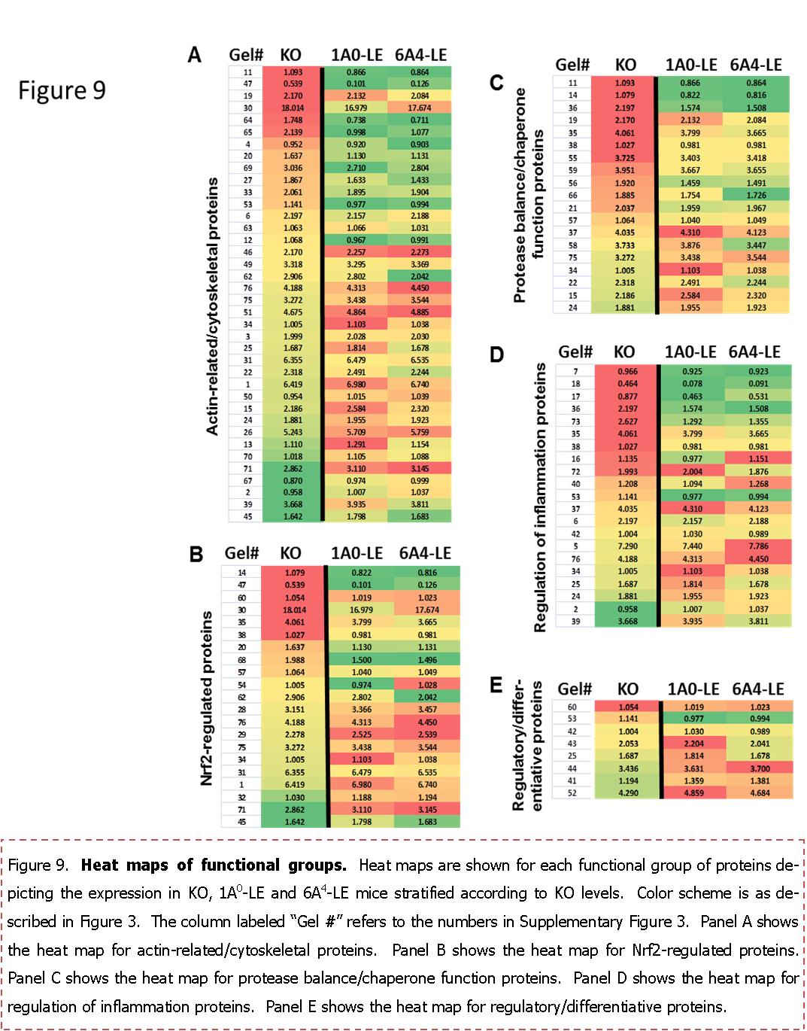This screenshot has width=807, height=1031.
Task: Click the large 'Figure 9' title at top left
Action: [62, 90]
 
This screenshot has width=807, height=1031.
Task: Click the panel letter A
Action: [195, 56]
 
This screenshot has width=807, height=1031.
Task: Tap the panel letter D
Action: [496, 354]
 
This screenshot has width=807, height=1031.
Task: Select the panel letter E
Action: [496, 685]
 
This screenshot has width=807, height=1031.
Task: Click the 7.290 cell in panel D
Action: [627, 546]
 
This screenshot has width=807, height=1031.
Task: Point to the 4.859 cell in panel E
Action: [693, 793]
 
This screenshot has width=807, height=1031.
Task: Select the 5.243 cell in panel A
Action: [293, 432]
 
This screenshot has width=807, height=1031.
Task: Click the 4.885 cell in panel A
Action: [420, 312]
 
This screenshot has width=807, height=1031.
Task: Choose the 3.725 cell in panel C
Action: [625, 158]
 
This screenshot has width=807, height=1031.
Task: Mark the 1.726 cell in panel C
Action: [756, 196]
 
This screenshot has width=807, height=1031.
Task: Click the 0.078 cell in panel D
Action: [693, 384]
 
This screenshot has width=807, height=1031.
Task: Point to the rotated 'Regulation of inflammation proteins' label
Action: [540, 497]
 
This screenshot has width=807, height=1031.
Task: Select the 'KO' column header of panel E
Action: [627, 689]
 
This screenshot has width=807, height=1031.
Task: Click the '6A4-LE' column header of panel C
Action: [756, 65]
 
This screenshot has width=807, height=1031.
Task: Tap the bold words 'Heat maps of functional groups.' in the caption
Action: [214, 865]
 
